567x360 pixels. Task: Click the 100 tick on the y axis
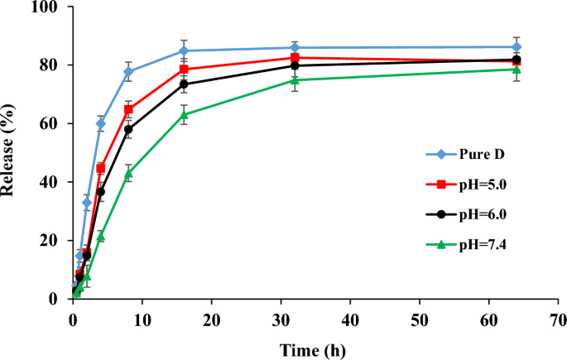pos(55,7)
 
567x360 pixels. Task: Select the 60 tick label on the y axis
pos(58,124)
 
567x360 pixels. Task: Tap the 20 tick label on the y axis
pos(58,241)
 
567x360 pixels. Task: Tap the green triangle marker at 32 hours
pos(295,79)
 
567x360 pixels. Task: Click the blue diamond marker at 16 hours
pos(184,50)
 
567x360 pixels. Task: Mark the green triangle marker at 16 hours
pos(184,114)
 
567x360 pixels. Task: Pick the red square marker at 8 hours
pos(128,109)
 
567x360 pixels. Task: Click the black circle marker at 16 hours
pos(184,84)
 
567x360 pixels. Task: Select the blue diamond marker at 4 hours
pos(101,123)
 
